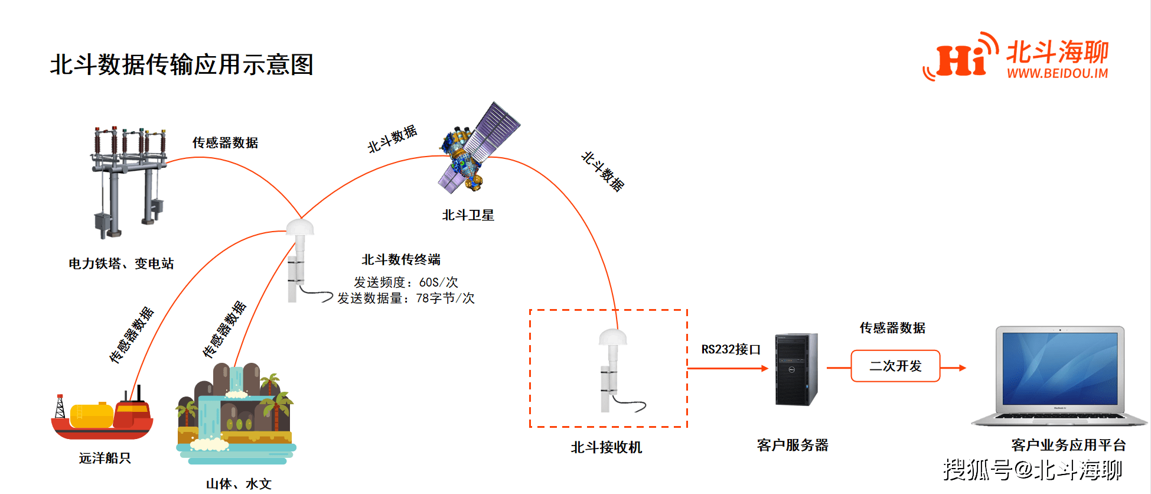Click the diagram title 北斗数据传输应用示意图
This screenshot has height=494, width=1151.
point(181,64)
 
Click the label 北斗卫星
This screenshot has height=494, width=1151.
point(468,215)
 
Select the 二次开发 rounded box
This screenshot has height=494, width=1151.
point(895,366)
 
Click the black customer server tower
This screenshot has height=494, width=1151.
point(796,369)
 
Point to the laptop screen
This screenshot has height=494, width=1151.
point(1059,368)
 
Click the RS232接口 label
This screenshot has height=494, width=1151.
point(731,349)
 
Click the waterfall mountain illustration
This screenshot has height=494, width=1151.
point(236,414)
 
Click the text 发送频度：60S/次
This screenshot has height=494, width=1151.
point(406,282)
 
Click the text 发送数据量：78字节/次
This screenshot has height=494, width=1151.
point(406,298)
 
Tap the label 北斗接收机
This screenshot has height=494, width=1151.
point(606,447)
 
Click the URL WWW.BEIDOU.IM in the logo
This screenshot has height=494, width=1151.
point(1057,73)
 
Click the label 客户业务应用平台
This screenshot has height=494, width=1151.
point(1068,445)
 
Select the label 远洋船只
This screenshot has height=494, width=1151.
point(105,458)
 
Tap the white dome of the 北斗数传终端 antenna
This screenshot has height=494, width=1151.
point(300,227)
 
